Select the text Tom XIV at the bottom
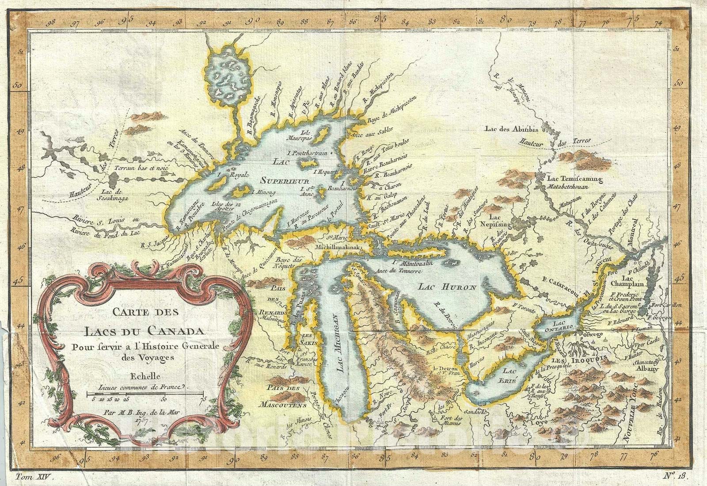coord(34,477)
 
